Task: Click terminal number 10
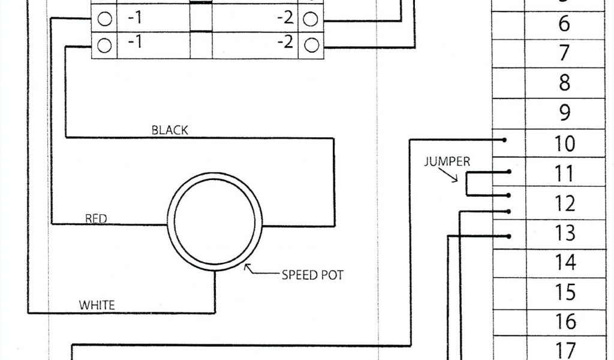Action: click(564, 144)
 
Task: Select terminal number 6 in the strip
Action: click(564, 24)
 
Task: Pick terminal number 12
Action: click(564, 204)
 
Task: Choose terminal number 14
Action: click(564, 262)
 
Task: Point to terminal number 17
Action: click(564, 350)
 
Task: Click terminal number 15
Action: click(564, 292)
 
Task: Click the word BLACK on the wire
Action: click(170, 130)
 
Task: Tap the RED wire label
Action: click(96, 219)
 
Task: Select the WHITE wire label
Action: click(97, 305)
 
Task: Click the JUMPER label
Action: click(447, 161)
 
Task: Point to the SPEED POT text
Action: click(312, 275)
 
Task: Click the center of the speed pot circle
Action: click(215, 220)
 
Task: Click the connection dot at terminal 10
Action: click(505, 140)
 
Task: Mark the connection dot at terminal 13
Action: click(509, 236)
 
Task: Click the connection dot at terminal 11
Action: click(509, 172)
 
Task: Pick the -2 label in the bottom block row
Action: click(285, 43)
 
